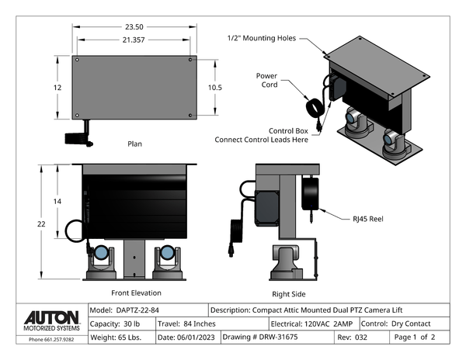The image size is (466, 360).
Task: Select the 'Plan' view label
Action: click(x=134, y=144)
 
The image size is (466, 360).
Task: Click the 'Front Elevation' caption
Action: click(x=136, y=292)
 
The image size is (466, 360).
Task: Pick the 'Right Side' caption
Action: click(x=289, y=294)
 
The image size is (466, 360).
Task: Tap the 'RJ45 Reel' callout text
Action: click(x=367, y=219)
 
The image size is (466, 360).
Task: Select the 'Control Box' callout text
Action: click(x=288, y=130)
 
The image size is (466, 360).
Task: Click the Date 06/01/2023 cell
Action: click(x=187, y=337)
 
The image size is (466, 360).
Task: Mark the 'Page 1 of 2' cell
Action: click(x=419, y=337)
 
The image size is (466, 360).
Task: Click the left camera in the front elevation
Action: click(x=102, y=261)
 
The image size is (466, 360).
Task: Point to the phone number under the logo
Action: click(x=52, y=340)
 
